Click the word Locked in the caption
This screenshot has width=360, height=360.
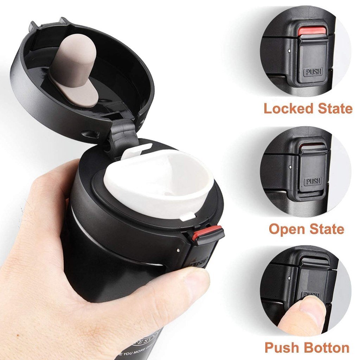(x=289, y=109)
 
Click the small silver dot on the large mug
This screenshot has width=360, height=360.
(x=178, y=250)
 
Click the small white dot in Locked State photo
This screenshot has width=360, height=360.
(x=289, y=51)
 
